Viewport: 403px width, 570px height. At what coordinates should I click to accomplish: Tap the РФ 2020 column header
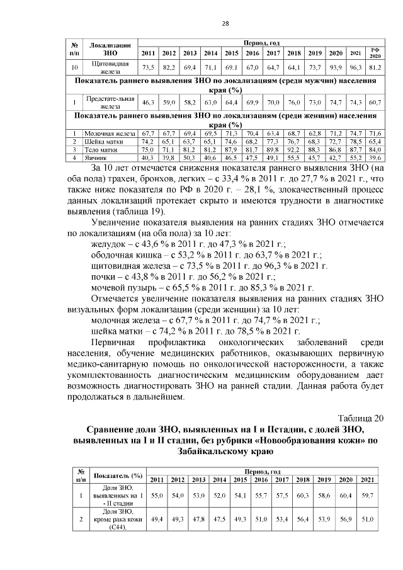tap(375, 53)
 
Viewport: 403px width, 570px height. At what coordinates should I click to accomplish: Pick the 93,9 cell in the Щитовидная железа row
tap(336, 67)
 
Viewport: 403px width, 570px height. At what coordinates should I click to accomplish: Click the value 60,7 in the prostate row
tap(375, 102)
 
